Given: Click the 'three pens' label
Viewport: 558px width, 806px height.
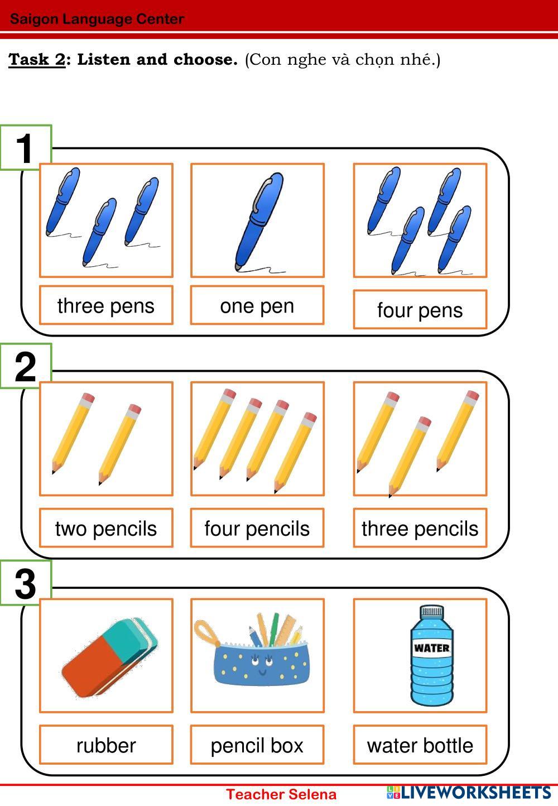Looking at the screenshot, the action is tap(106, 306).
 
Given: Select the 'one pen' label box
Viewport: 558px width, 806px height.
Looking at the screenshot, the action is tap(257, 305).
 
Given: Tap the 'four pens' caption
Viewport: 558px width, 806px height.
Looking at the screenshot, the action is tap(420, 310).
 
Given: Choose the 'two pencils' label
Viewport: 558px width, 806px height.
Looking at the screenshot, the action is tap(106, 529).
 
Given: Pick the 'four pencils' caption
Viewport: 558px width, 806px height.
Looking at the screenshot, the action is tap(257, 529).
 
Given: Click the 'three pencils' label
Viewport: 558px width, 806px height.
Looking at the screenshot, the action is tap(420, 529).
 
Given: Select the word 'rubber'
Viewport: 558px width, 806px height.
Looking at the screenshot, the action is tap(106, 745).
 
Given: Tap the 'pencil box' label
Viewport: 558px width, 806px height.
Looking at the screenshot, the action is tap(257, 746).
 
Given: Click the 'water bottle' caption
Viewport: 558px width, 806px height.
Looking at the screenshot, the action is tap(420, 745).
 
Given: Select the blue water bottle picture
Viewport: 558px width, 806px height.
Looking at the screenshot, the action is tap(432, 655).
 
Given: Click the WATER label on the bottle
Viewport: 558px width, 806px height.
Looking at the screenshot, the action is tap(432, 647).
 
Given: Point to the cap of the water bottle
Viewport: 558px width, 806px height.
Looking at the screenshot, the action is tap(432, 611).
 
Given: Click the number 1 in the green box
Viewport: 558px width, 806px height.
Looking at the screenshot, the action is tap(25, 148).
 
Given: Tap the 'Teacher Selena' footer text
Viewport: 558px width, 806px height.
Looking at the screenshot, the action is tap(281, 794).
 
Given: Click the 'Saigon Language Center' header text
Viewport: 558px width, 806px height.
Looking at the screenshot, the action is tap(97, 19).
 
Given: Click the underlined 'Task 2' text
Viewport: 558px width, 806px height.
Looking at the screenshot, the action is tap(37, 59).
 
